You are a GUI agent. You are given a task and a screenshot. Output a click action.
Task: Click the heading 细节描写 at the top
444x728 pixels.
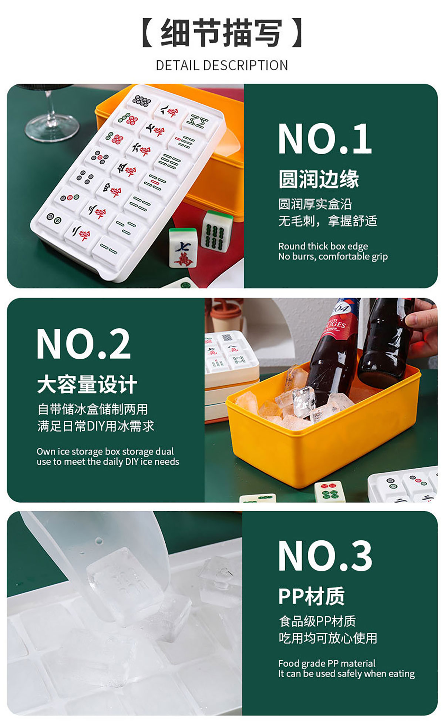pyautogui.click(x=222, y=33)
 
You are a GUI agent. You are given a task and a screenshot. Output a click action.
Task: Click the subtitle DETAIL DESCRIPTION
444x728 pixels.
pyautogui.click(x=222, y=66)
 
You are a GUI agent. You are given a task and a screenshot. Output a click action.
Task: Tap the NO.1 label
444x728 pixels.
pyautogui.click(x=325, y=139)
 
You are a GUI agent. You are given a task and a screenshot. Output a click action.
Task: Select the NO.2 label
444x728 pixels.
pyautogui.click(x=83, y=344)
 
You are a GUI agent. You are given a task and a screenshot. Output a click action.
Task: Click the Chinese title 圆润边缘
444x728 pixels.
pyautogui.click(x=319, y=179)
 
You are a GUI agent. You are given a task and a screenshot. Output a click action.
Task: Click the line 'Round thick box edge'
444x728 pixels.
pyautogui.click(x=323, y=246)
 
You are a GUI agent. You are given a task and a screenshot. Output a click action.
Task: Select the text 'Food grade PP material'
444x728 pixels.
pyautogui.click(x=327, y=663)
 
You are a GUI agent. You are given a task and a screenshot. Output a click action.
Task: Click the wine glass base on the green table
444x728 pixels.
pyautogui.click(x=52, y=126)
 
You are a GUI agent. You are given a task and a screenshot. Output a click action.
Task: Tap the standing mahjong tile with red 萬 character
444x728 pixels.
pyautogui.click(x=183, y=248)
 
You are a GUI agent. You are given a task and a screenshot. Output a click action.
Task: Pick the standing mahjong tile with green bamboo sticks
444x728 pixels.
pyautogui.click(x=217, y=231)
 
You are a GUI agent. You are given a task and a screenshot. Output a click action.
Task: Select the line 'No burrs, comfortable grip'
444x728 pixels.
pyautogui.click(x=333, y=256)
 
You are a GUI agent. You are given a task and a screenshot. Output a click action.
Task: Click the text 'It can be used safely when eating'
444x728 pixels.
pyautogui.click(x=346, y=674)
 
